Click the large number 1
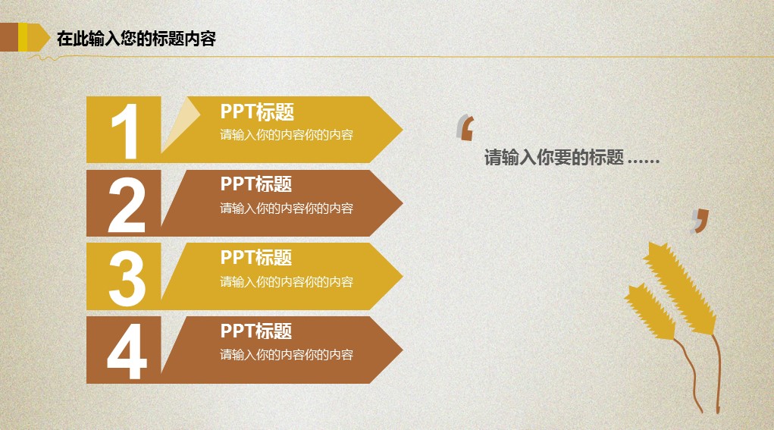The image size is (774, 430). click(126, 131)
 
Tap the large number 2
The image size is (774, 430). click(127, 205)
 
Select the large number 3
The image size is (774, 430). click(127, 278)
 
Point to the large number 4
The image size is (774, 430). click(127, 351)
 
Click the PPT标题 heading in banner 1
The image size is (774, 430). click(257, 112)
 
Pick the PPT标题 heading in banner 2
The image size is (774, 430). click(256, 184)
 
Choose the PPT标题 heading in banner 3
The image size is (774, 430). click(256, 258)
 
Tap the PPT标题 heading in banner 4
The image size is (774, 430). click(256, 331)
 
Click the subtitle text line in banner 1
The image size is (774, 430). click(287, 135)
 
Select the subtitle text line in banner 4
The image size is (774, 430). click(287, 354)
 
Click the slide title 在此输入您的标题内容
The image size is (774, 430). click(136, 39)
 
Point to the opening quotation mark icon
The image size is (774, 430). click(465, 128)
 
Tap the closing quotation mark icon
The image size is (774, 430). click(700, 221)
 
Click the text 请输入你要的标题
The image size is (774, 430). click(554, 158)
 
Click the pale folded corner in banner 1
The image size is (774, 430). click(179, 121)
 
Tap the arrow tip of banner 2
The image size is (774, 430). click(403, 203)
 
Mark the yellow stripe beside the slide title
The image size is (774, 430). click(23, 37)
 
